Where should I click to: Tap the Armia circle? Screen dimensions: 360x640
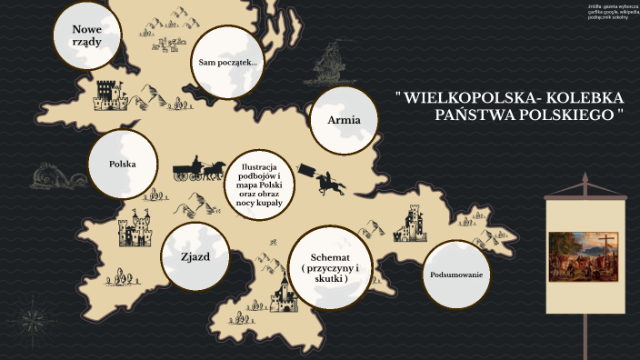tap(343, 120)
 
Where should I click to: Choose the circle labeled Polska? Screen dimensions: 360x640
tap(123, 165)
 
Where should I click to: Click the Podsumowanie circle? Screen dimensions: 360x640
tap(455, 275)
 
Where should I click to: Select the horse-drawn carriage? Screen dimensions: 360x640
tap(199, 169)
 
